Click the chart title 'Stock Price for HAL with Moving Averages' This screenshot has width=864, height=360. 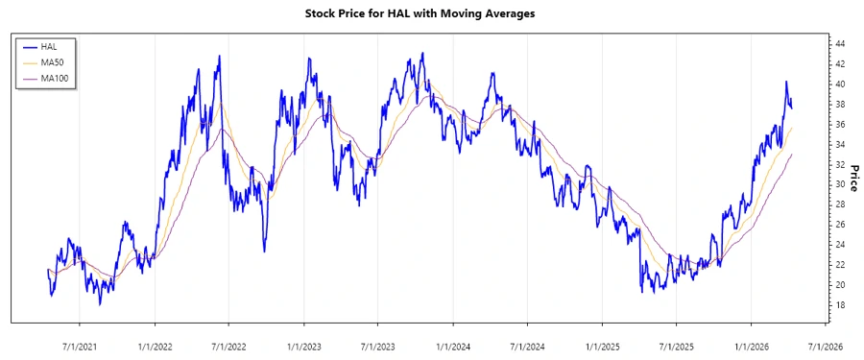420,13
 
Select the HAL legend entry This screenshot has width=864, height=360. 50,46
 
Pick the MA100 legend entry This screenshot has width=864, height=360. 55,78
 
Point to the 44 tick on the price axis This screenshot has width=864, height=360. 839,44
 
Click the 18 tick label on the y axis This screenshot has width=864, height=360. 839,305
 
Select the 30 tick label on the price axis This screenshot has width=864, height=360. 839,184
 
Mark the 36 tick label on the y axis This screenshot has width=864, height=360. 839,125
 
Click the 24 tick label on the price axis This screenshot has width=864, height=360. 839,245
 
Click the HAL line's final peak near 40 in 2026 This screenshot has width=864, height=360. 786,83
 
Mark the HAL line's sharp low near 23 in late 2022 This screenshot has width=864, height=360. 264,251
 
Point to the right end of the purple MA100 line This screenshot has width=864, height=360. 792,154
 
